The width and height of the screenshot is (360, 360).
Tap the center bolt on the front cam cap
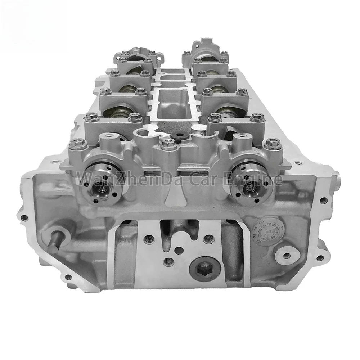coord(168,145)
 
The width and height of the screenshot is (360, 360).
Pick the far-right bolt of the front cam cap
coord(272,144)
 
